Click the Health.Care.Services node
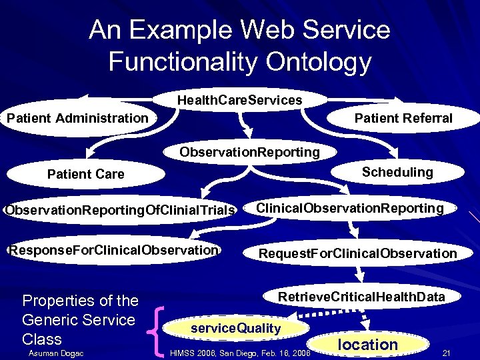239,100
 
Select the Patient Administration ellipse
77,119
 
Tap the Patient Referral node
403,119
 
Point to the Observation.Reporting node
249,152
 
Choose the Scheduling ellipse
397,172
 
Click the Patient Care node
85,174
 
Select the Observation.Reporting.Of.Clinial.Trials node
120,211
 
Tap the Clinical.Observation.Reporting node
350,208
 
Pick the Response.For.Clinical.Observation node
113,250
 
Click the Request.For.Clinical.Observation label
357,253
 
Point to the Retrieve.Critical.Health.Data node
361,297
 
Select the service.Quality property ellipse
236,328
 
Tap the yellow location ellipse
367,345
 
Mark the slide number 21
447,352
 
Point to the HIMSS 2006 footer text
241,353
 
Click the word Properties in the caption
57,301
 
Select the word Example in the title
195,30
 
